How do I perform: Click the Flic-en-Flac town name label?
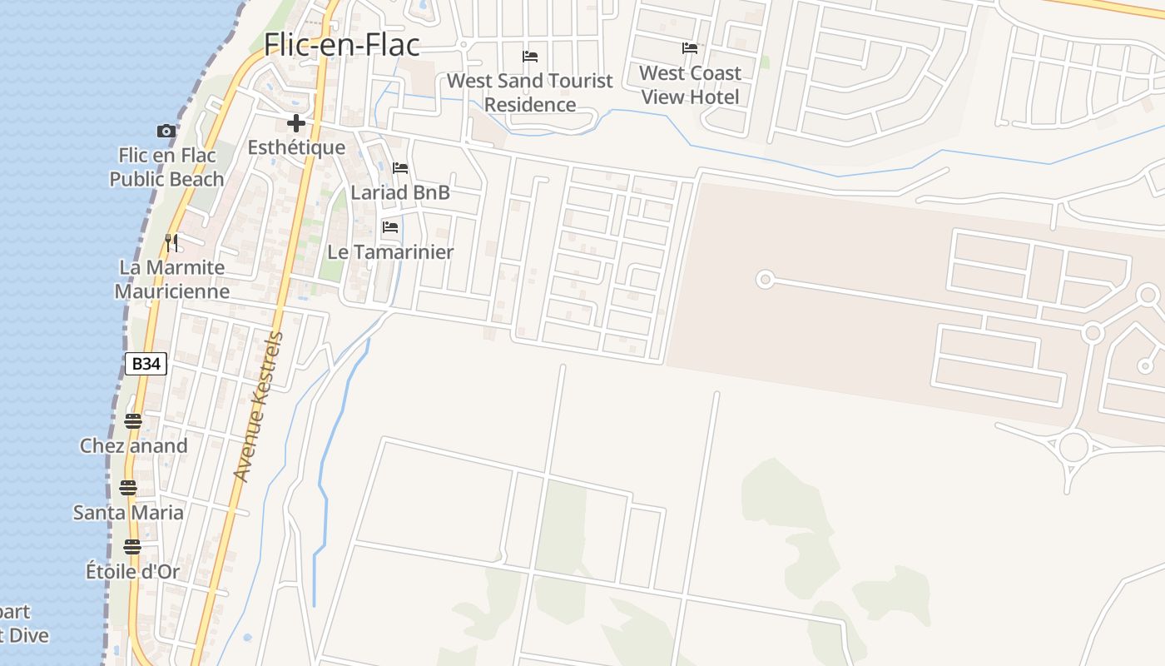342,45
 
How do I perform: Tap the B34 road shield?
146,364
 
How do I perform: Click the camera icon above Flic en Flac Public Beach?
166,131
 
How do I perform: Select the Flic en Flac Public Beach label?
167,167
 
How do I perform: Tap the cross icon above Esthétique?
295,124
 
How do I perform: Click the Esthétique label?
296,148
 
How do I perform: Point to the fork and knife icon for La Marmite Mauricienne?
171,243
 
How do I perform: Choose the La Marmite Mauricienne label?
172,280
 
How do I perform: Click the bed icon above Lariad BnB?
400,168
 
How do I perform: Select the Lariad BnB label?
400,193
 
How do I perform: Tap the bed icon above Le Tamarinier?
389,227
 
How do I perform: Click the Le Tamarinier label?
390,252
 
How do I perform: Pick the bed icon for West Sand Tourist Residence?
530,57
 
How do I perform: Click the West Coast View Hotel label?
690,85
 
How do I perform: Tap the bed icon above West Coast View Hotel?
690,48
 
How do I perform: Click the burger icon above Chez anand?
133,421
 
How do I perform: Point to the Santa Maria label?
128,513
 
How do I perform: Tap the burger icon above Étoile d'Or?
132,547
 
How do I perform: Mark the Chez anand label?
134,446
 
